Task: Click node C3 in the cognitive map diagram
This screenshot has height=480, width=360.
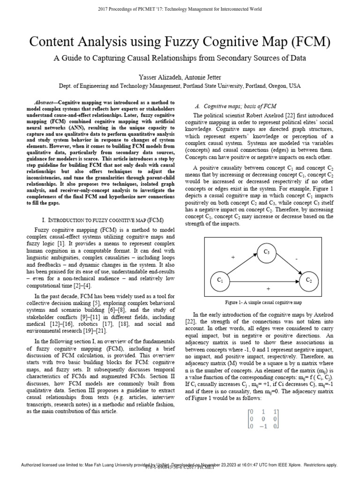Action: pos(267,252)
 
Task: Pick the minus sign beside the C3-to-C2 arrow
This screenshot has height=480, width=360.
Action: pos(296,258)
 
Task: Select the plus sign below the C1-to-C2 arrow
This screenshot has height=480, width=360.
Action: pos(268,289)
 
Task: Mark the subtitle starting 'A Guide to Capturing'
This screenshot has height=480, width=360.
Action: pos(180,59)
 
